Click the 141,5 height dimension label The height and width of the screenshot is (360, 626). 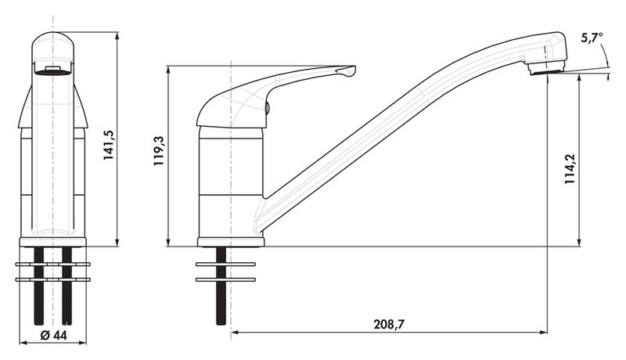109,146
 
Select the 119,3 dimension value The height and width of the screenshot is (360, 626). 159,151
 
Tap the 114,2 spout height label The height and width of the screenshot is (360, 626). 570,169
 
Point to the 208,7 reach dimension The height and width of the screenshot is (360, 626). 389,324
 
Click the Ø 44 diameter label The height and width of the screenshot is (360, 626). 53,335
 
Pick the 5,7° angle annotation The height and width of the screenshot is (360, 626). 592,38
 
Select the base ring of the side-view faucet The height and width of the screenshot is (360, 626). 231,242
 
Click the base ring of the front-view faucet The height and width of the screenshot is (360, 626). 52,242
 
